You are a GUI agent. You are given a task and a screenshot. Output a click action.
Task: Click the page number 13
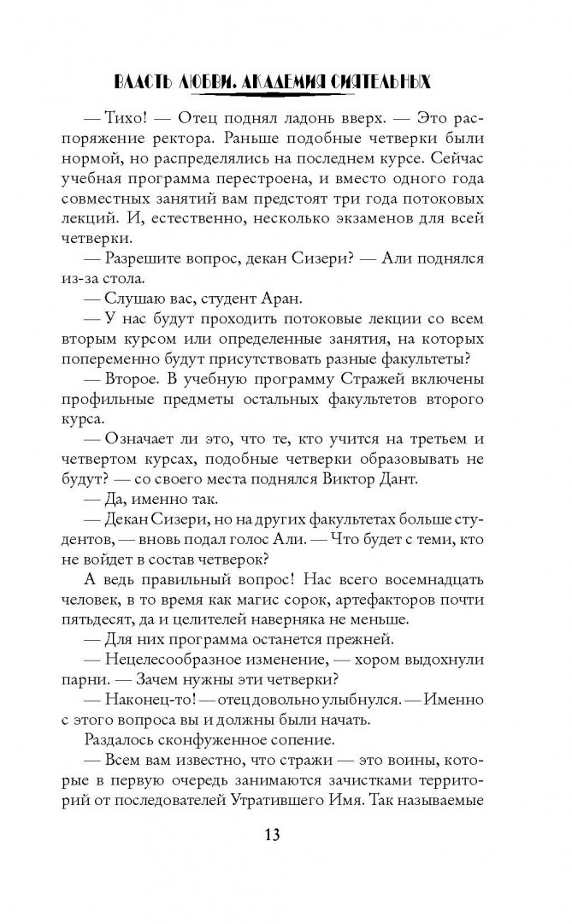click(x=286, y=834)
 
